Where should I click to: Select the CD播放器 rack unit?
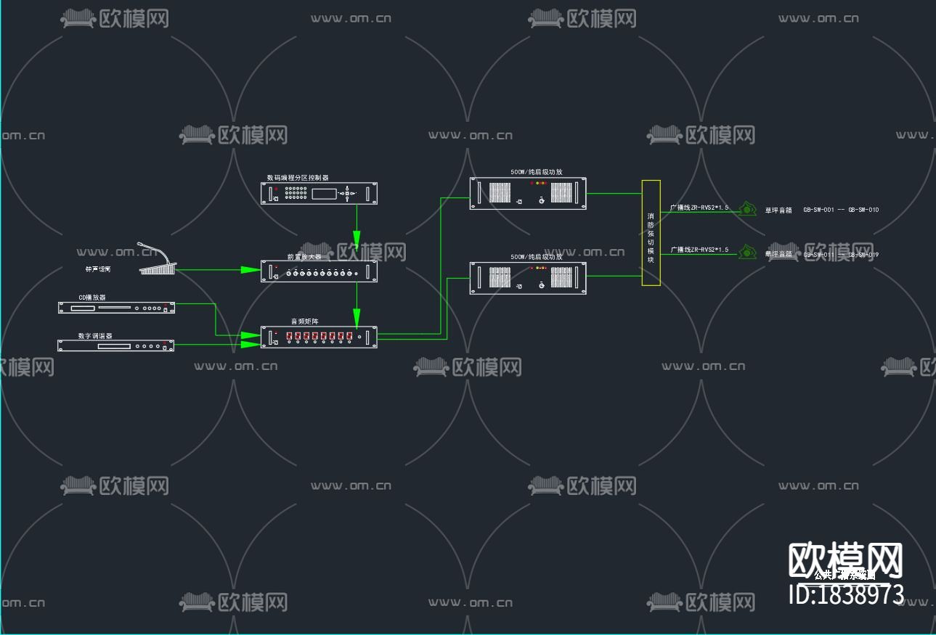click(x=116, y=308)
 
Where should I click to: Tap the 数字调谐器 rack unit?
click(x=116, y=345)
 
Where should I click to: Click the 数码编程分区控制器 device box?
click(x=320, y=193)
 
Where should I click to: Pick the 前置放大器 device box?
click(x=320, y=271)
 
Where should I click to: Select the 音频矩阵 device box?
click(x=320, y=337)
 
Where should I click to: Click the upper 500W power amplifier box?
click(x=528, y=194)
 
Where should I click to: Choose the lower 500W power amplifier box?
click(x=528, y=278)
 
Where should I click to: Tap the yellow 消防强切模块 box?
click(x=651, y=232)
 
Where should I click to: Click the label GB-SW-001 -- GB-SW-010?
click(x=841, y=210)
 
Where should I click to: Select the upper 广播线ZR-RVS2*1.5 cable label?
click(x=699, y=208)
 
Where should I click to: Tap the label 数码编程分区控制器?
click(x=298, y=177)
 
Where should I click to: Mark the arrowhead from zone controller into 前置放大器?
click(x=357, y=241)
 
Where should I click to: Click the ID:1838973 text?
click(x=846, y=595)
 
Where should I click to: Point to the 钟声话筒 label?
click(x=98, y=269)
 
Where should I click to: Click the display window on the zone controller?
click(x=325, y=193)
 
